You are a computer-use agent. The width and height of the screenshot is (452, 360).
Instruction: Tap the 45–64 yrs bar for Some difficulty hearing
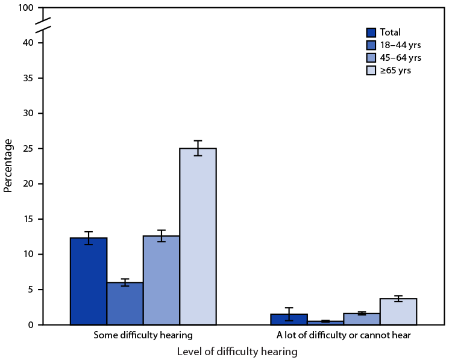click(x=162, y=280)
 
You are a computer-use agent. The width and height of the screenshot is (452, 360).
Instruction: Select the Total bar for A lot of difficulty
click(x=289, y=320)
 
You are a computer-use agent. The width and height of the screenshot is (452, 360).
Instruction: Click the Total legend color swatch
click(x=372, y=32)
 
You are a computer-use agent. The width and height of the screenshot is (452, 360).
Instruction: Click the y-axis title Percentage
click(x=8, y=166)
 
